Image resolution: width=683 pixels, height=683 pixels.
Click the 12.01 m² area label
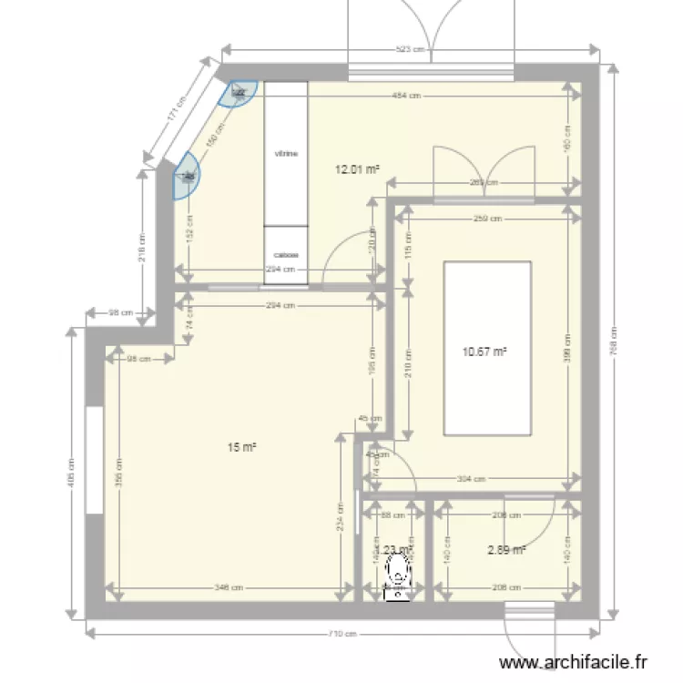click(357, 168)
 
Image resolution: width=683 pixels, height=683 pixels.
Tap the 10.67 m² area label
click(484, 352)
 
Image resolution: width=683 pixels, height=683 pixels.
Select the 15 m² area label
click(241, 446)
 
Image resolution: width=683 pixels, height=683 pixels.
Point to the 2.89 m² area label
click(507, 549)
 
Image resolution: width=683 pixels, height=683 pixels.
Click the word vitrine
click(286, 154)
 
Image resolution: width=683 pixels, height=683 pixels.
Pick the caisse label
click(286, 256)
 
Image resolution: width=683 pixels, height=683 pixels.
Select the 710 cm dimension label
click(341, 635)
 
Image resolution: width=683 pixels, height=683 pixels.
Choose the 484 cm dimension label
click(406, 95)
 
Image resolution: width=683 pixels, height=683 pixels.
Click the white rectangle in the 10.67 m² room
click(486, 349)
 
